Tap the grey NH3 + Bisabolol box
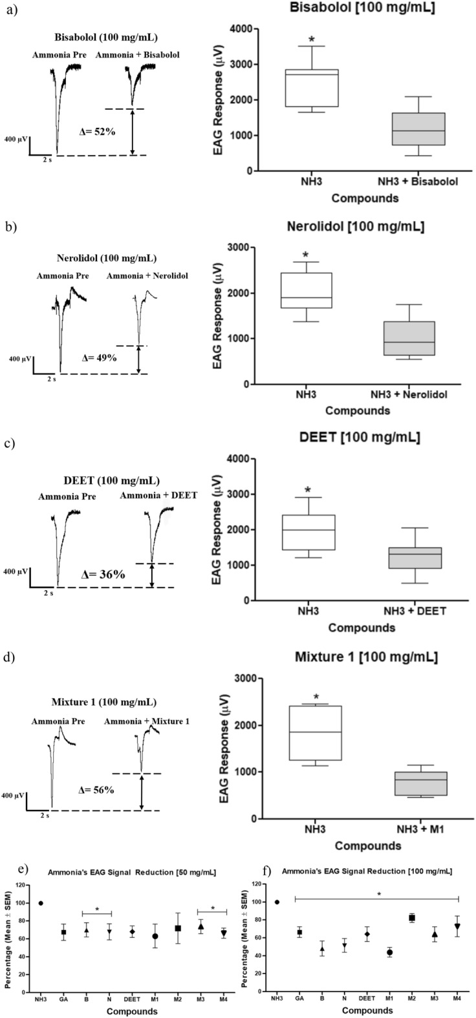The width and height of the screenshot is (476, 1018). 413,129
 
